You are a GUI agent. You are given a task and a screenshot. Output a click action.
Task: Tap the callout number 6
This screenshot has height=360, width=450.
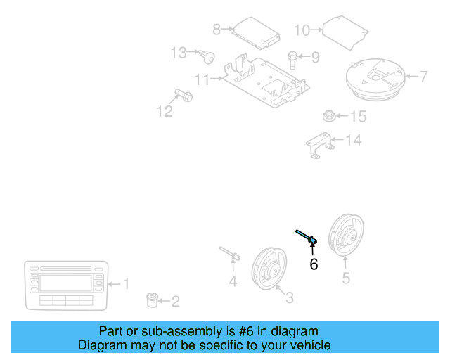[x=314, y=264]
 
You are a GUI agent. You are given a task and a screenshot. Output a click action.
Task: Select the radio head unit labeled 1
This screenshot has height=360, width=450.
[x=67, y=285]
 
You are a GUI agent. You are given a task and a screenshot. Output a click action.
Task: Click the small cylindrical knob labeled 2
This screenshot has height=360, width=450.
[x=151, y=301]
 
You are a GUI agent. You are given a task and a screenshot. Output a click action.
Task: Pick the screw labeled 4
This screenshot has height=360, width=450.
[x=231, y=255]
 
